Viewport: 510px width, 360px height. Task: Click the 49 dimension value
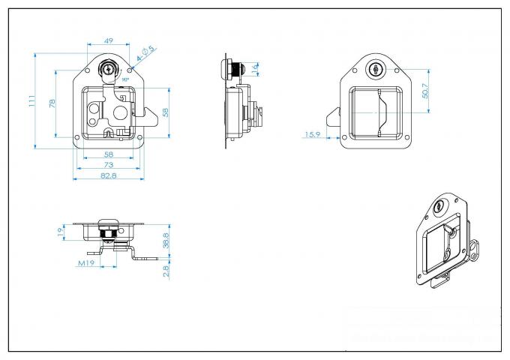tap(108, 41)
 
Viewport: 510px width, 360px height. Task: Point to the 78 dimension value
tap(52, 103)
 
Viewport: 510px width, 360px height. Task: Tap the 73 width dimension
tap(108, 163)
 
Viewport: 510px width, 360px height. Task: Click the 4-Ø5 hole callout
tap(145, 53)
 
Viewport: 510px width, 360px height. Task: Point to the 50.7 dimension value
tap(425, 90)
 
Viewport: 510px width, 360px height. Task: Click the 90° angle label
tap(125, 78)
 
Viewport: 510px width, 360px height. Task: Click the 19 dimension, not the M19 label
tap(61, 232)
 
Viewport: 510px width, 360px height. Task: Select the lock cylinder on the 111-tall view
tap(108, 70)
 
